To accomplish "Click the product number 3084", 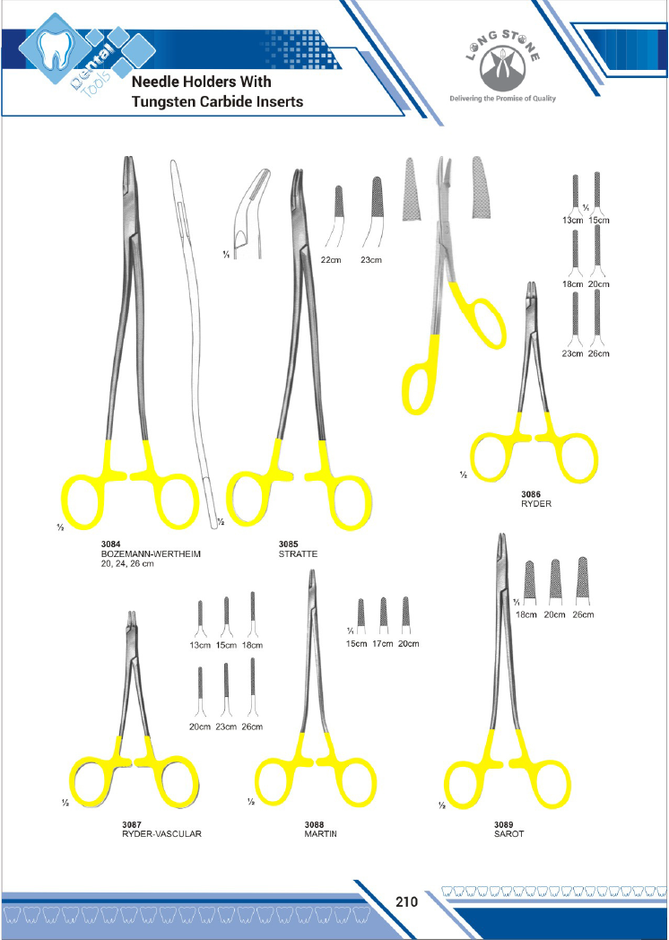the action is [111, 544].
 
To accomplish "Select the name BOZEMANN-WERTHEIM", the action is [151, 554].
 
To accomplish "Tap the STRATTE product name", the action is [298, 554].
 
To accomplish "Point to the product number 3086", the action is [531, 494].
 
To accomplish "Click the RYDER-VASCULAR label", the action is [161, 834].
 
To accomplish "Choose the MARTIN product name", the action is [321, 834].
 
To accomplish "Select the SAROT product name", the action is [509, 834].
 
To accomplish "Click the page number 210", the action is [406, 901].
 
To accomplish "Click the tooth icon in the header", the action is [54, 49].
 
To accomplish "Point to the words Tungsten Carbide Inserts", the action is [218, 101].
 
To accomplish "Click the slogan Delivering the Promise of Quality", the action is [502, 99].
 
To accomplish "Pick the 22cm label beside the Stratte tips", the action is [330, 260].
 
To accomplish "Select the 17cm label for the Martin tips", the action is [382, 644].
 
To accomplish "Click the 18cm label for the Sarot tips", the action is [526, 615].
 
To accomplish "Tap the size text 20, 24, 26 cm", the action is [127, 564].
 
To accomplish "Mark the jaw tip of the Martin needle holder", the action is [312, 572].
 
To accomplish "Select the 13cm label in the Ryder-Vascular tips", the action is [200, 646].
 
